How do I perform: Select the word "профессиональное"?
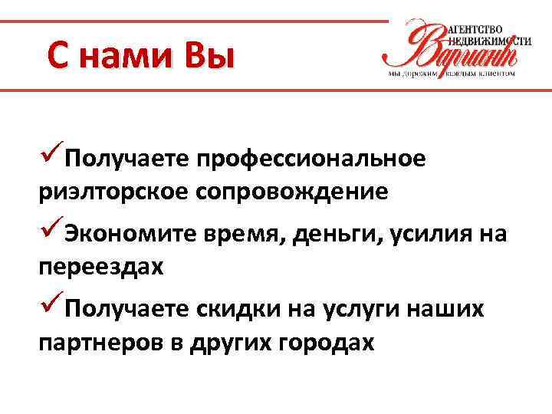click(x=310, y=159)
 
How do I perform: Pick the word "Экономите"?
click(x=130, y=234)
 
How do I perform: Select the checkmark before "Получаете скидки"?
click(x=51, y=307)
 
